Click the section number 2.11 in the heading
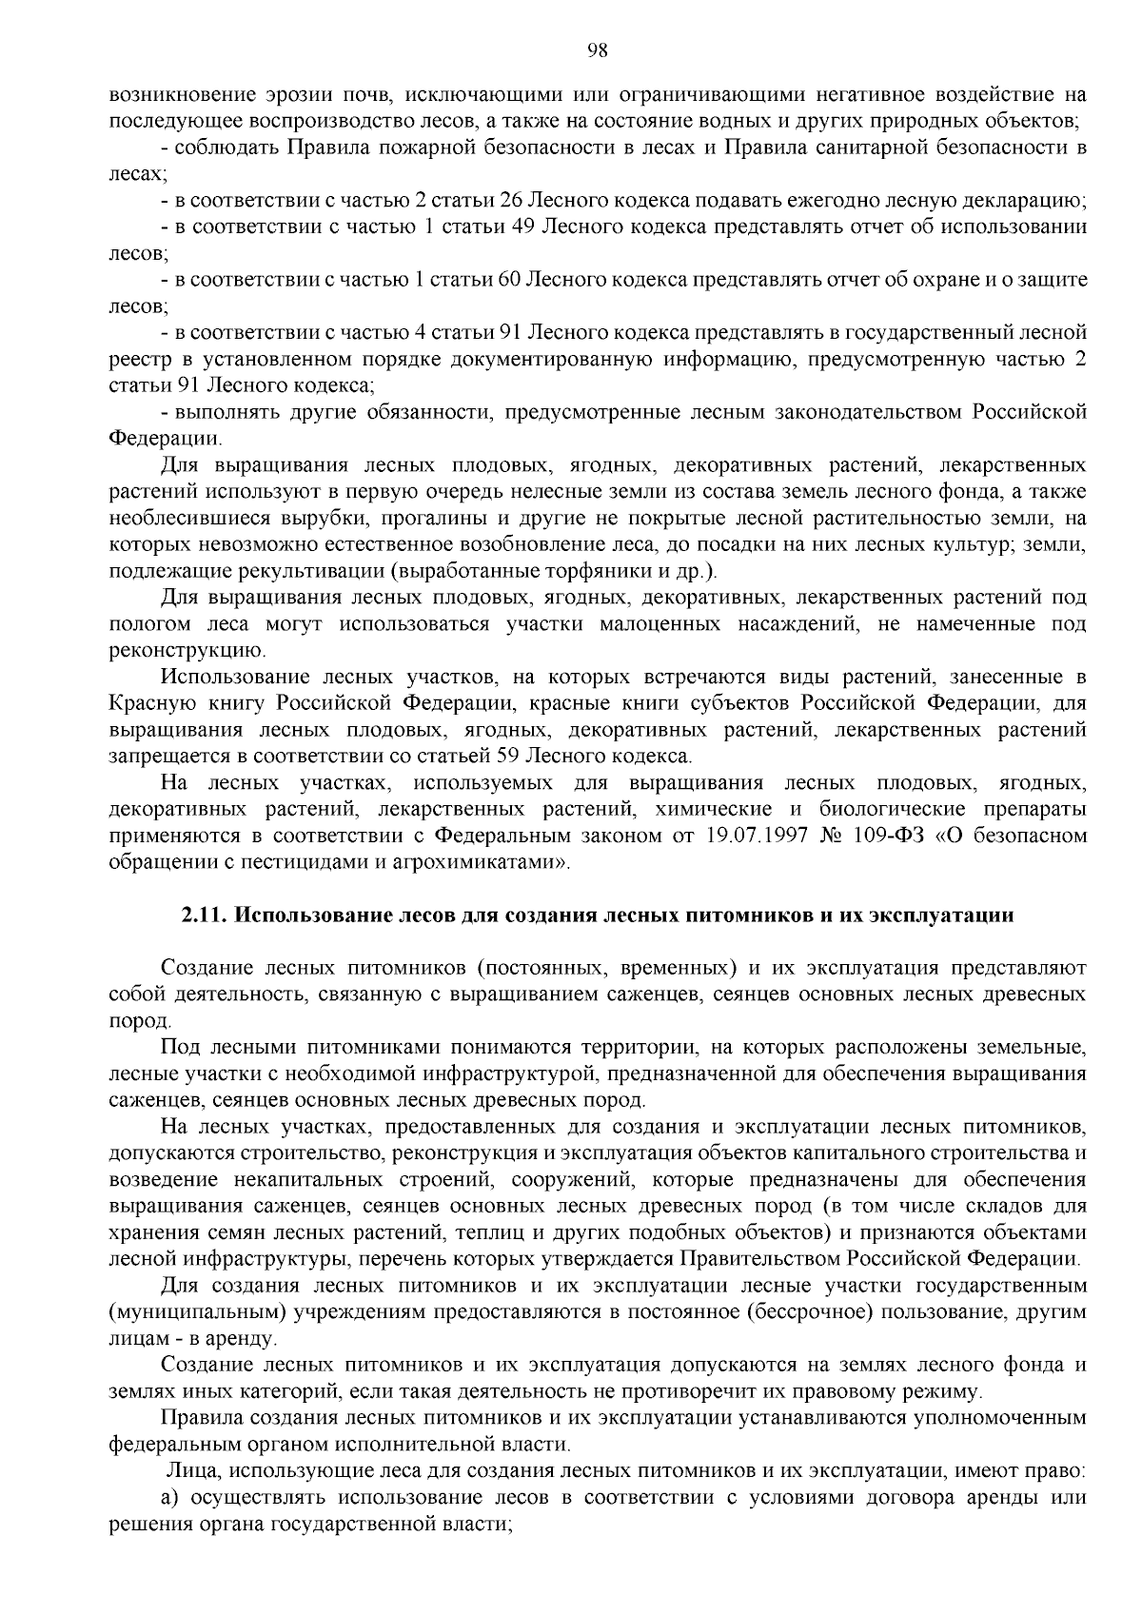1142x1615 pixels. (x=203, y=916)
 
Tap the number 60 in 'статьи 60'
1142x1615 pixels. (x=507, y=281)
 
